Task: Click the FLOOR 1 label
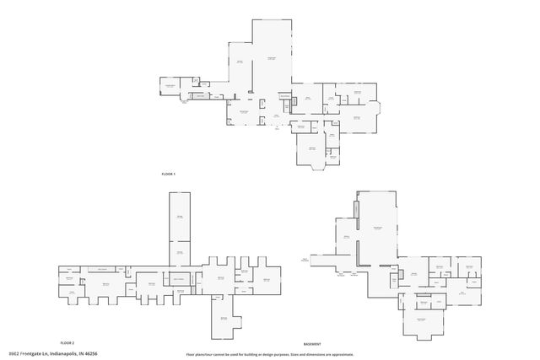[169, 174]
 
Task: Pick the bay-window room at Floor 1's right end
[358, 117]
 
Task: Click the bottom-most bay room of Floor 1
[311, 149]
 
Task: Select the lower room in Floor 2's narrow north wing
[180, 250]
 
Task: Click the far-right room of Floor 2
[267, 279]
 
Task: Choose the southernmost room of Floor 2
[224, 318]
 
